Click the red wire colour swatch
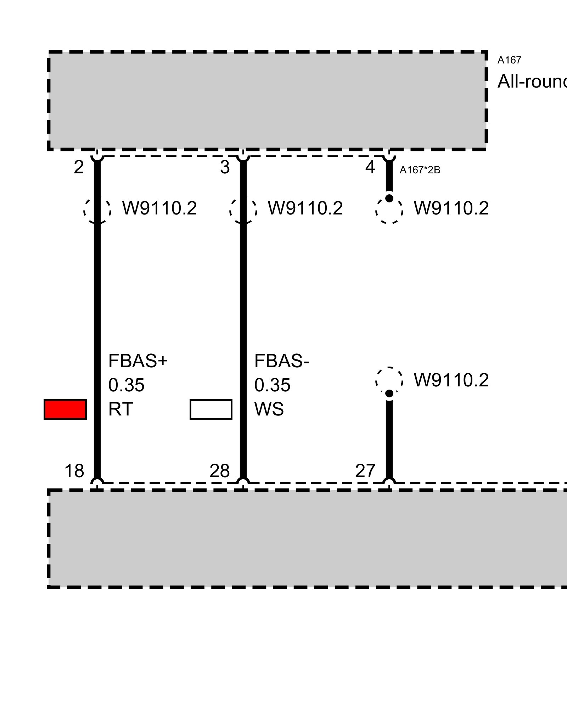pyautogui.click(x=65, y=409)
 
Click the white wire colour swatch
pyautogui.click(x=211, y=409)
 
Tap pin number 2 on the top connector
pyautogui.click(x=79, y=167)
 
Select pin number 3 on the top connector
pyautogui.click(x=225, y=167)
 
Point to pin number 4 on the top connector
pyautogui.click(x=370, y=167)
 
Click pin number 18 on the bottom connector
pyautogui.click(x=74, y=471)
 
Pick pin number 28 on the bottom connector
pyautogui.click(x=220, y=471)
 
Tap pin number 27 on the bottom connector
pyautogui.click(x=365, y=471)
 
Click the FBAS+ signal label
pyautogui.click(x=138, y=361)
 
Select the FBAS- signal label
pyautogui.click(x=282, y=361)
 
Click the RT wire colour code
pyautogui.click(x=120, y=409)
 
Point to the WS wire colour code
pyautogui.click(x=269, y=409)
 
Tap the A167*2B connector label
pyautogui.click(x=420, y=171)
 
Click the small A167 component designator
pyautogui.click(x=509, y=60)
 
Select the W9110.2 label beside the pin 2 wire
pyautogui.click(x=159, y=208)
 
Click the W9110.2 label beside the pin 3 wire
pyautogui.click(x=305, y=208)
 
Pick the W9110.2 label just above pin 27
pyautogui.click(x=451, y=380)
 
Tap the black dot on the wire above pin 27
pyautogui.click(x=389, y=393)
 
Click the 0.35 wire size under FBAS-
pyautogui.click(x=273, y=385)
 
